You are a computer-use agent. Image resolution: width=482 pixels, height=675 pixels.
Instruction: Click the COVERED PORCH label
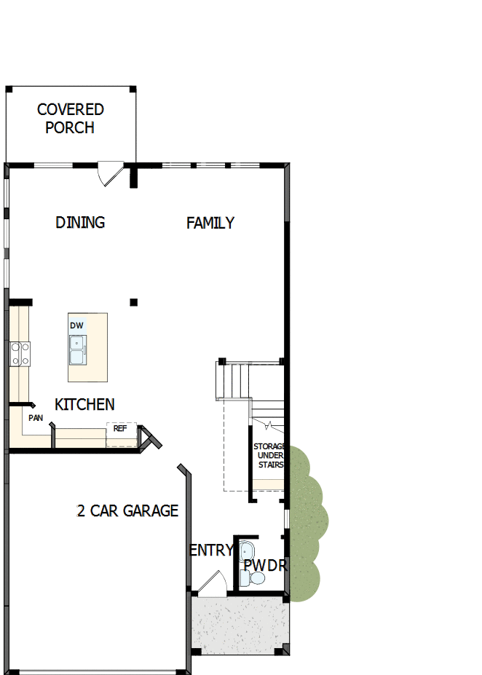click(70, 119)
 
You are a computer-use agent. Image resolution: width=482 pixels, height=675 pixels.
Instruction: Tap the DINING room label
click(80, 223)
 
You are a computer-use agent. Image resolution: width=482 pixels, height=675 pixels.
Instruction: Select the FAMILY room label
click(210, 223)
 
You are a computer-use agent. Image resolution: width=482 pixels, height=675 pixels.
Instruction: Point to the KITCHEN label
click(84, 404)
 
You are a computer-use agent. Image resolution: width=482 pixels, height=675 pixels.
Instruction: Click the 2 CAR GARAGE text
click(127, 510)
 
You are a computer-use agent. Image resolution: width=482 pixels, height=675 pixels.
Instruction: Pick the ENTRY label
click(210, 550)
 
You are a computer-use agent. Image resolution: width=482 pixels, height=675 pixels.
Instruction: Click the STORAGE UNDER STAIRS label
click(268, 456)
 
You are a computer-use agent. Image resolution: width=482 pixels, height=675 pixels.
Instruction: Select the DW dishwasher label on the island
click(76, 325)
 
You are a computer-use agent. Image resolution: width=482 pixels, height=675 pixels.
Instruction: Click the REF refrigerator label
click(120, 429)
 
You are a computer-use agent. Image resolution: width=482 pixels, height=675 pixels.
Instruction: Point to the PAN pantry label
click(35, 418)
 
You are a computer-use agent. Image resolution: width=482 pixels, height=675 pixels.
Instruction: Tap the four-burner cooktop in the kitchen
click(20, 354)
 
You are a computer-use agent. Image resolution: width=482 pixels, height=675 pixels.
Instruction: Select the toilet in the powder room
click(253, 578)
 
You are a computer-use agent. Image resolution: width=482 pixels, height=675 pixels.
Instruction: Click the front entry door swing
click(211, 582)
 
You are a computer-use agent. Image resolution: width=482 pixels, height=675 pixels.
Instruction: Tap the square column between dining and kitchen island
click(133, 301)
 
